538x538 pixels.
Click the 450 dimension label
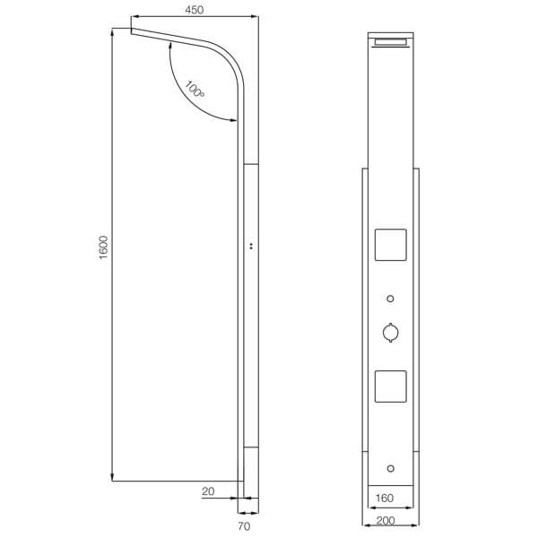[x=195, y=10]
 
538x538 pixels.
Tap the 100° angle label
[x=195, y=90]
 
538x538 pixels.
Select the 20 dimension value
[x=207, y=490]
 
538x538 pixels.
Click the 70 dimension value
[x=244, y=526]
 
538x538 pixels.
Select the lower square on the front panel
[x=390, y=386]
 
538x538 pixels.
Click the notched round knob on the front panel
[x=390, y=333]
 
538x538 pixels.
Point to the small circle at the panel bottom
[x=390, y=467]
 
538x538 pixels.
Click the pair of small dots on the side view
[x=250, y=245]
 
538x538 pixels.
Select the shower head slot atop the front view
[x=390, y=42]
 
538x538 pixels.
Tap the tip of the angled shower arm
[x=132, y=31]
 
